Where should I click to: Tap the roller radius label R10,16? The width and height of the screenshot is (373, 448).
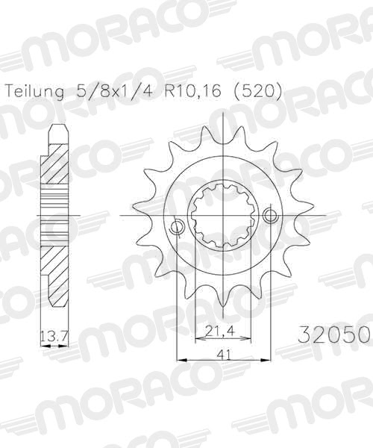(189, 92)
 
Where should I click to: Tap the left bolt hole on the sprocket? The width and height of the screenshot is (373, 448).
(177, 225)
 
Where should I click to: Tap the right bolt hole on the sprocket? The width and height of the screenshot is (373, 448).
(270, 216)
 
